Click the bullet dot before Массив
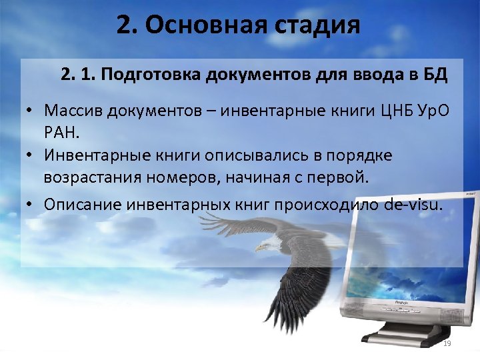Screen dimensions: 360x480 tap(31, 110)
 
